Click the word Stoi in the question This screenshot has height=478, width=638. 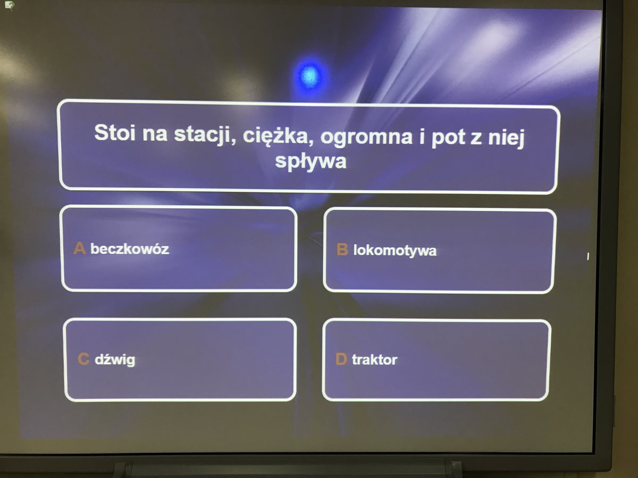pyautogui.click(x=115, y=133)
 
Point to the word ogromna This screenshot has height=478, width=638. pyautogui.click(x=366, y=138)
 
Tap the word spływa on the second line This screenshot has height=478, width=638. pyautogui.click(x=310, y=161)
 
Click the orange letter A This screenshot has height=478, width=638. pyautogui.click(x=79, y=248)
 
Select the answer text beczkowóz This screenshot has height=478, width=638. pyautogui.click(x=130, y=249)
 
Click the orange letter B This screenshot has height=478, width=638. pyautogui.click(x=342, y=249)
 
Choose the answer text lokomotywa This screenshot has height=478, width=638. pyautogui.click(x=394, y=251)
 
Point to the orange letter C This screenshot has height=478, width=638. pyautogui.click(x=83, y=358)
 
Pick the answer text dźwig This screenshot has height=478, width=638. pyautogui.click(x=115, y=360)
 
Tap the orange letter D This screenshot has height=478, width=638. pyautogui.click(x=341, y=358)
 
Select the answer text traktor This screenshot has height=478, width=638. pyautogui.click(x=374, y=360)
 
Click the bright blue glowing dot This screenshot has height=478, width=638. pyautogui.click(x=310, y=75)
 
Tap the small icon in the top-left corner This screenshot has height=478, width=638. pyautogui.click(x=9, y=5)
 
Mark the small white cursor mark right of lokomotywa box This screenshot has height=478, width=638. pyautogui.click(x=587, y=257)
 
